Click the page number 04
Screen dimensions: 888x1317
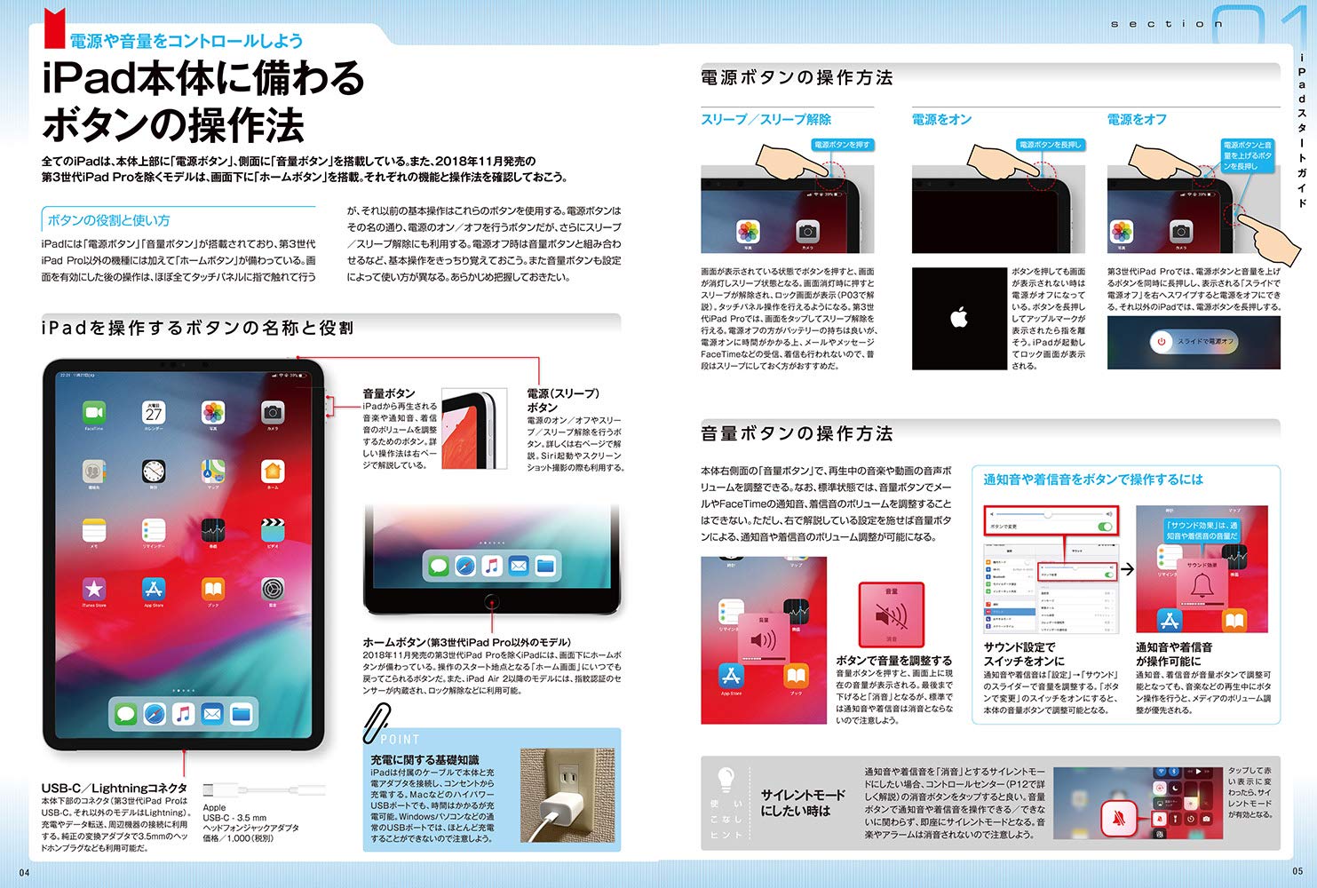24,871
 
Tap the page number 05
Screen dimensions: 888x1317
1297,871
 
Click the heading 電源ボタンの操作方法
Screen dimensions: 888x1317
797,78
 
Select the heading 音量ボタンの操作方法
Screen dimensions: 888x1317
797,433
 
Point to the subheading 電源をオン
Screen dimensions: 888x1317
941,119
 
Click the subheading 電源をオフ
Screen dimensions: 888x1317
1137,119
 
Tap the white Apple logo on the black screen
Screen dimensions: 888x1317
959,317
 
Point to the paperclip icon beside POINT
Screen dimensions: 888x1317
377,723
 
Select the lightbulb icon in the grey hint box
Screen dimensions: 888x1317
726,781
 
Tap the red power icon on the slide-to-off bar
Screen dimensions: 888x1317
1161,341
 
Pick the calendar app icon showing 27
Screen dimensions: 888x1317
154,413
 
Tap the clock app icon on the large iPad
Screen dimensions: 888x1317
154,471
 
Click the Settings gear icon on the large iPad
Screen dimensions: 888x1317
273,588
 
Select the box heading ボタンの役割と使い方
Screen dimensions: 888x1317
108,220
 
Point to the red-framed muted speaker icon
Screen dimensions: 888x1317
891,614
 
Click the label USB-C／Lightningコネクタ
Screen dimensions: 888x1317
115,788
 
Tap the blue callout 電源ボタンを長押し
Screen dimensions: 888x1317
1050,145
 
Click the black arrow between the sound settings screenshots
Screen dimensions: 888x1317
1127,569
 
